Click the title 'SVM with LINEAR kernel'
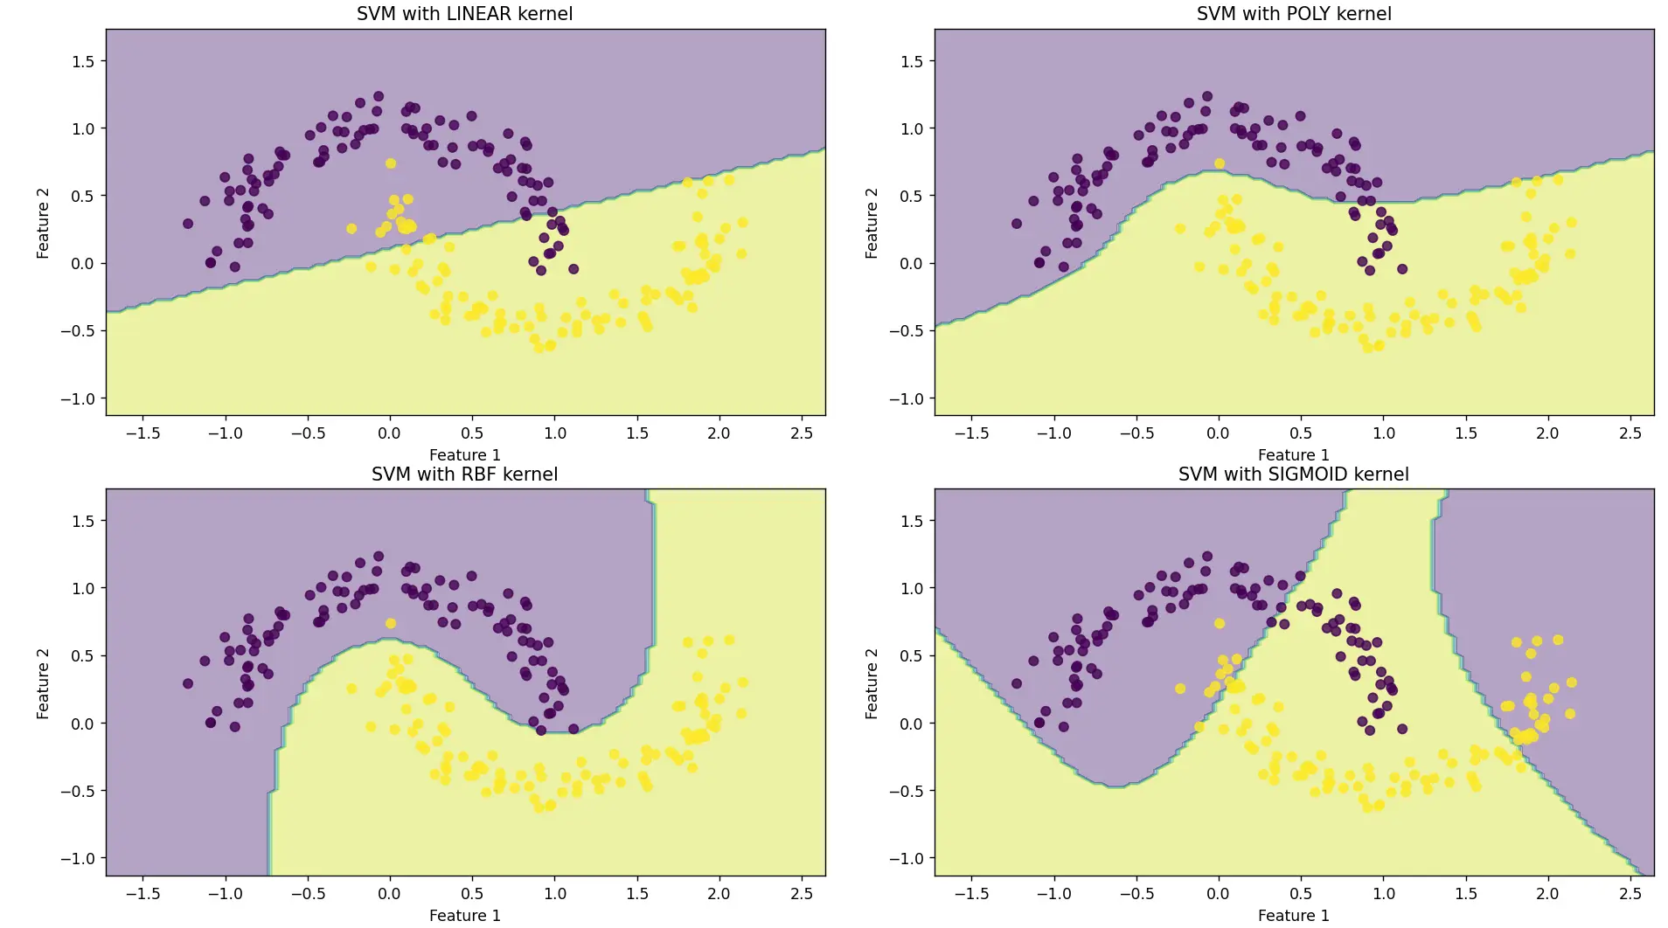(x=464, y=14)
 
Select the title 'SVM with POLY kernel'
(x=1293, y=14)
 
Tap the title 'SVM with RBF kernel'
(x=464, y=474)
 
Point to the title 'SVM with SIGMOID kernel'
(x=1293, y=474)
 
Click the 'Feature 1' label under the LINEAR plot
(x=464, y=455)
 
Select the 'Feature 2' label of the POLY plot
(x=872, y=223)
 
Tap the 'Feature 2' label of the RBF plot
(x=43, y=683)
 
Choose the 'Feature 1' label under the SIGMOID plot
(x=1293, y=916)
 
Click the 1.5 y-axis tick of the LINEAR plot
(x=84, y=61)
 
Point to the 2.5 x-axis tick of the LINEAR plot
(x=801, y=433)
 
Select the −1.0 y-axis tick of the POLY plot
(x=906, y=398)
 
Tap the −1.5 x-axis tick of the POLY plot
(x=971, y=433)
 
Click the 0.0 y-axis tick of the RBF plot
(x=84, y=724)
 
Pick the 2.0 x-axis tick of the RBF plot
(x=719, y=893)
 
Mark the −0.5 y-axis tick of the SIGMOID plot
(x=906, y=791)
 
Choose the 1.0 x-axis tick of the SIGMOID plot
(x=1383, y=893)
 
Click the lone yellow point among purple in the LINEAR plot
(x=391, y=163)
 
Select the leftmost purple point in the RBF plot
(x=188, y=683)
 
